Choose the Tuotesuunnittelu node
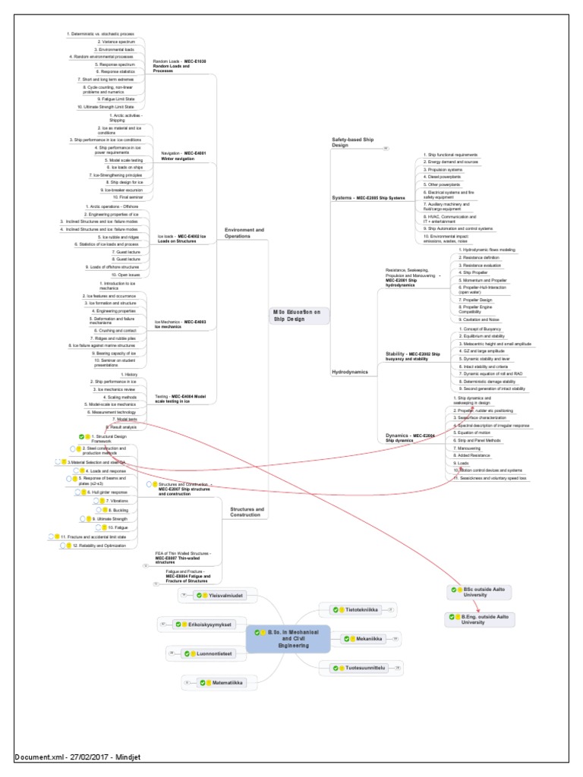(x=360, y=668)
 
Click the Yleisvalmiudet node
(x=221, y=596)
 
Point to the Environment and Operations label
(x=245, y=232)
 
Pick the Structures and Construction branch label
(x=247, y=512)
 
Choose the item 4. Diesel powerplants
(x=447, y=176)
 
